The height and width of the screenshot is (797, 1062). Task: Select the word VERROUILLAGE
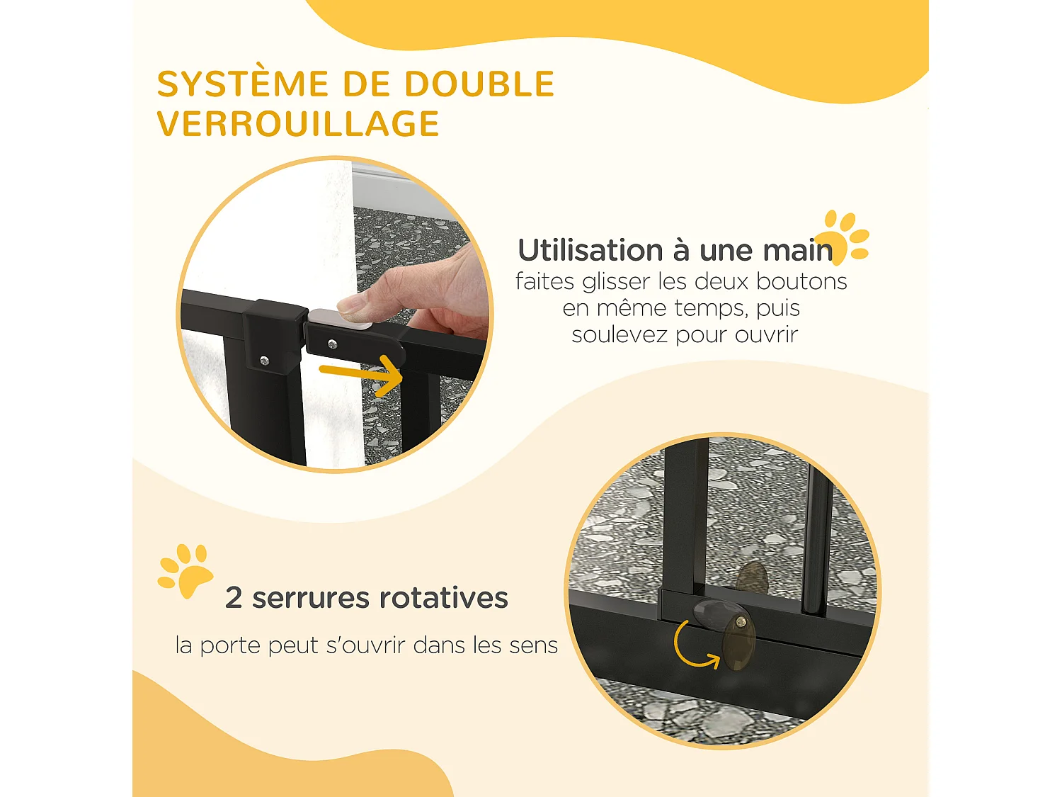tap(298, 124)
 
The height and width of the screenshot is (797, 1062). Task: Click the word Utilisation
tap(590, 250)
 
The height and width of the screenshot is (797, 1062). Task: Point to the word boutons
tap(801, 281)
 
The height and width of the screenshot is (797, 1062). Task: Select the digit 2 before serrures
tap(234, 598)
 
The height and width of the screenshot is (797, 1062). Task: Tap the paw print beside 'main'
tap(845, 236)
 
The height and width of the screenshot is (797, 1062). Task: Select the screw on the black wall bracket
tap(265, 361)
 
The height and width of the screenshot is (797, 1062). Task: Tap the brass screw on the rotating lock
tap(741, 621)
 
